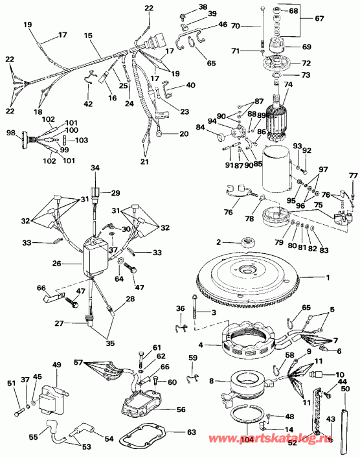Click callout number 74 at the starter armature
point(289,84)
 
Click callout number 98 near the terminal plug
point(10,132)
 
